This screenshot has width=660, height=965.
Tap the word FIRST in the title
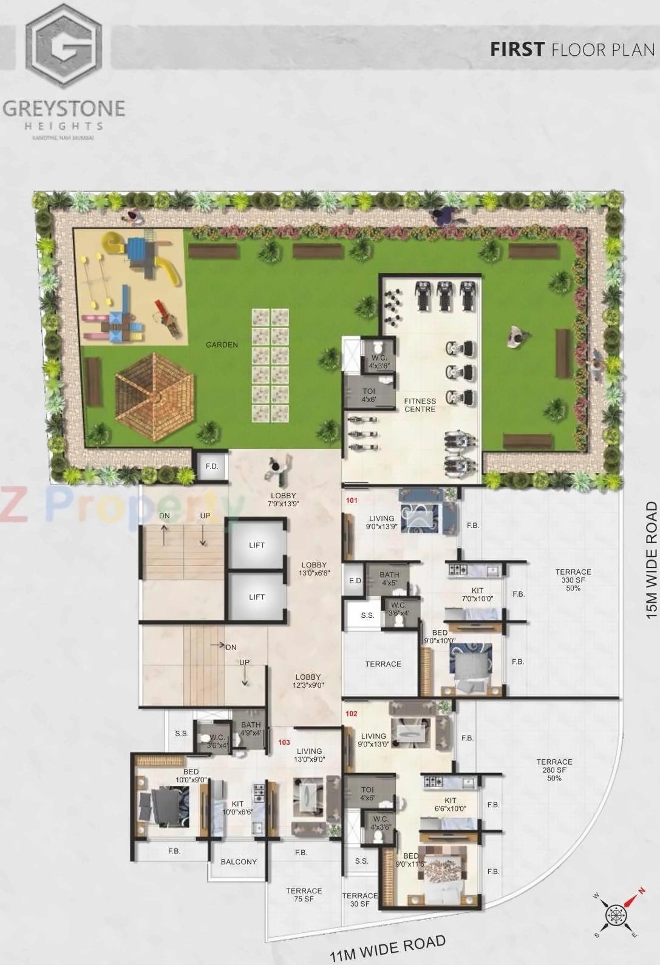point(517,49)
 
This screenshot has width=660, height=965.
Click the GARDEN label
point(222,345)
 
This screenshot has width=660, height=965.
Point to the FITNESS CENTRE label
point(420,405)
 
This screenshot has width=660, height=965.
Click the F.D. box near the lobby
point(212,466)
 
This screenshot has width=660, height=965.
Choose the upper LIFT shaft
point(257,545)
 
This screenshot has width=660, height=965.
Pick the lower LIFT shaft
point(257,597)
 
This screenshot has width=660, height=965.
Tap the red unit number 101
point(352,501)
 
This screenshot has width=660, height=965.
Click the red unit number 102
point(352,714)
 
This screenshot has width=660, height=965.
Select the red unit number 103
point(284,742)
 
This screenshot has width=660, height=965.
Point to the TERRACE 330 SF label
point(573,580)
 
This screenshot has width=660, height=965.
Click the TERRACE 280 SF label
point(554,770)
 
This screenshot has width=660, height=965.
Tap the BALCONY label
point(239,862)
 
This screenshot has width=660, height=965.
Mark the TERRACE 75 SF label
point(304,895)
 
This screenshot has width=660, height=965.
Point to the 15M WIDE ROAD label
point(651,560)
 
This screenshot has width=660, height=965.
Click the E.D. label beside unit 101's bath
point(356,581)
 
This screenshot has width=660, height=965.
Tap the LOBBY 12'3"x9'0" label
point(308,681)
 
